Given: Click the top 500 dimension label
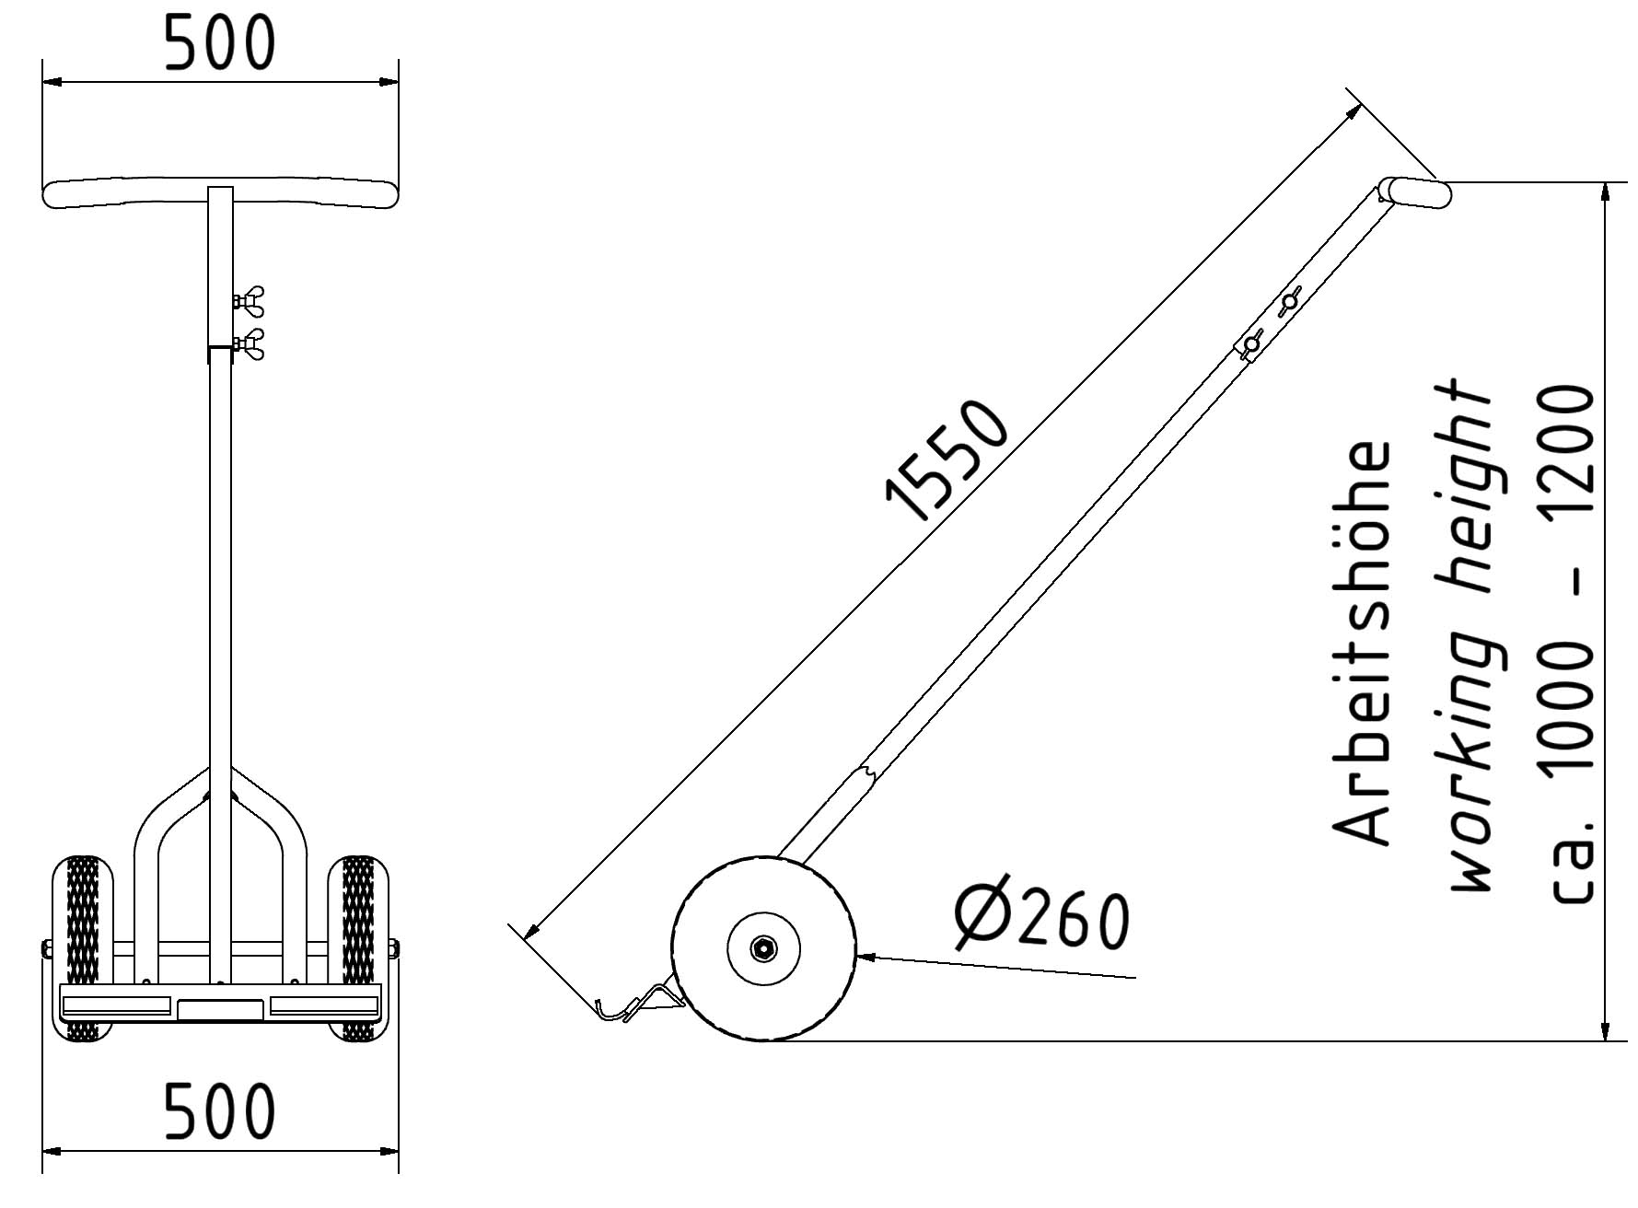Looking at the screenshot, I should pos(219,43).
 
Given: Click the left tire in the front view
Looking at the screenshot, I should pos(82,921).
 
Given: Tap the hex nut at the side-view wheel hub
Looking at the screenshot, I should pos(763,948).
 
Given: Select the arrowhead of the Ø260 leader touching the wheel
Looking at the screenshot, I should pos(865,957).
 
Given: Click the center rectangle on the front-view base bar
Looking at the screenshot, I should pos(220,1009).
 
